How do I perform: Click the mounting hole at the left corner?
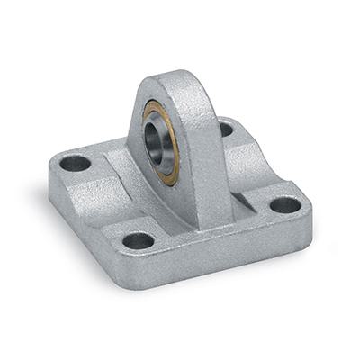76,164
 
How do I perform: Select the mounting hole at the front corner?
139,240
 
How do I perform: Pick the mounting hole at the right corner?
285,204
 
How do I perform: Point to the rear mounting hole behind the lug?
224,129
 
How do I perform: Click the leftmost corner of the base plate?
50,175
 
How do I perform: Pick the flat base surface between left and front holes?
103,216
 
